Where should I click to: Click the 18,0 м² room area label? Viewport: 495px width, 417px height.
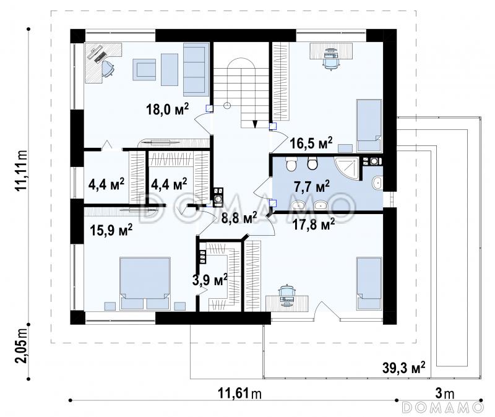click(167, 110)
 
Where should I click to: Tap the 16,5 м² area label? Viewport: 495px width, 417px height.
click(311, 143)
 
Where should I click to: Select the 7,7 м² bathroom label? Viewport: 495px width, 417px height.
click(312, 186)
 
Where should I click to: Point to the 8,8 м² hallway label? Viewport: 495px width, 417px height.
click(239, 218)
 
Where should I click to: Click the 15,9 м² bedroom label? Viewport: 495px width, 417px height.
click(111, 230)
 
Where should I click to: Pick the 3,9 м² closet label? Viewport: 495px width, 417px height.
click(210, 280)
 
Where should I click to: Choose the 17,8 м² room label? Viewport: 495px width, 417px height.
click(314, 225)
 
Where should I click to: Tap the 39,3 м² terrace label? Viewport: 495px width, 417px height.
click(404, 368)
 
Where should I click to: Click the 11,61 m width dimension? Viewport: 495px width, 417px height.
click(239, 393)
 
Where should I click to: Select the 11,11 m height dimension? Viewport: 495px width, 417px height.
click(22, 171)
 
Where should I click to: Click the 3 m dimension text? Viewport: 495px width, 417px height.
click(444, 393)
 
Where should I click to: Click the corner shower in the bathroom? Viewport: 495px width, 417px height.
click(346, 168)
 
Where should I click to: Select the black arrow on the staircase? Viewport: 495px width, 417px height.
click(255, 124)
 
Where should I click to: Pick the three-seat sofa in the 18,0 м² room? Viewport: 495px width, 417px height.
click(196, 69)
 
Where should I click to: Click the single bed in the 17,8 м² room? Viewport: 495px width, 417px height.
click(369, 283)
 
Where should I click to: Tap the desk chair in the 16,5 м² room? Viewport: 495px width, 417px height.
click(331, 59)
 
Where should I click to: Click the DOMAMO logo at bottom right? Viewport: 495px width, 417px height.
click(442, 407)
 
